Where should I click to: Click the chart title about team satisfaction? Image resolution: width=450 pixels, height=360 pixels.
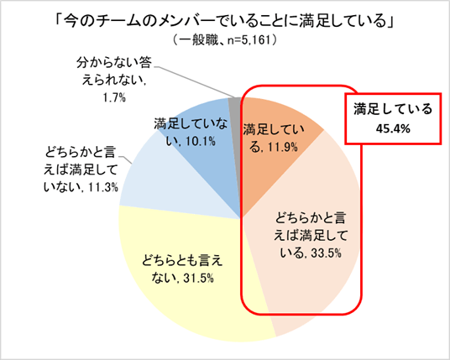[x=224, y=20]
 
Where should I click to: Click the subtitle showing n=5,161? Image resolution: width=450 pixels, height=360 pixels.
[x=224, y=40]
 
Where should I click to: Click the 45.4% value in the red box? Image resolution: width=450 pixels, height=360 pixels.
[x=393, y=128]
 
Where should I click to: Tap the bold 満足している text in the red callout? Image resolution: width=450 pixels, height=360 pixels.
[x=393, y=109]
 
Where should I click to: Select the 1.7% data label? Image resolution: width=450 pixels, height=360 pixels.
[x=113, y=98]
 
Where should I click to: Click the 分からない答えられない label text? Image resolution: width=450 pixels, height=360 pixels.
[x=113, y=71]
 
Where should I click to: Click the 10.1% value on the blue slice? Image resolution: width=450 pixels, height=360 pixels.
[x=200, y=141]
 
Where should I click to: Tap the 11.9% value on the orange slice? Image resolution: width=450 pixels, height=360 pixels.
[x=282, y=148]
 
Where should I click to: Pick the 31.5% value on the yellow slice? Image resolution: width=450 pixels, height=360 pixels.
[x=197, y=279]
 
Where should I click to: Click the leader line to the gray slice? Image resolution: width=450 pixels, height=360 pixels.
[x=194, y=82]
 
